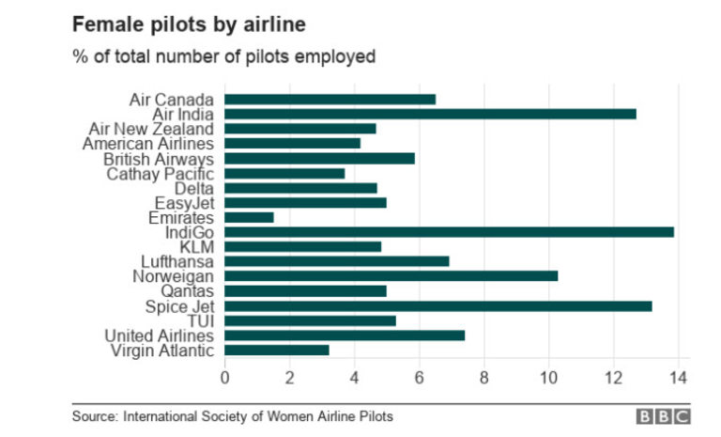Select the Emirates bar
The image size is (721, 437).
point(249,217)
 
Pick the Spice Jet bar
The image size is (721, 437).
point(437,305)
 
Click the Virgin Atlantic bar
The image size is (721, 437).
point(277,350)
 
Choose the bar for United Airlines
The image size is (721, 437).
point(345,335)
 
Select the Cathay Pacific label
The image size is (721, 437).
point(161,173)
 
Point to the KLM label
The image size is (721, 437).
point(198,246)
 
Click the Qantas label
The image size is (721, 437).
point(188,290)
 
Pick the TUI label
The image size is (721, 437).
point(202,320)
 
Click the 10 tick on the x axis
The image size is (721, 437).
point(548,378)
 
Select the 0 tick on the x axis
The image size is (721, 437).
point(224,378)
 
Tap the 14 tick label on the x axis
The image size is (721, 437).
point(677,378)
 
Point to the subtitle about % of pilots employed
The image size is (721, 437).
point(224,55)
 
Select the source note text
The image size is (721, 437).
point(233,415)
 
